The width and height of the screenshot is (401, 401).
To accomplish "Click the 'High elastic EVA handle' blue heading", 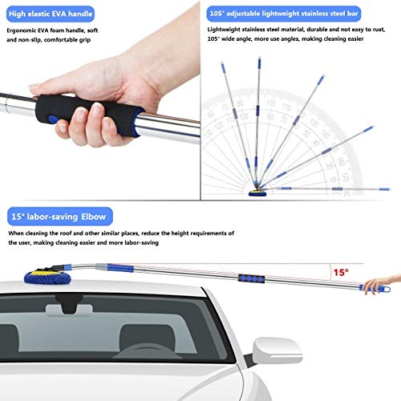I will pos(48,14).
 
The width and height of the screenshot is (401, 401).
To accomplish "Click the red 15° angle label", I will pos(342,273).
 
